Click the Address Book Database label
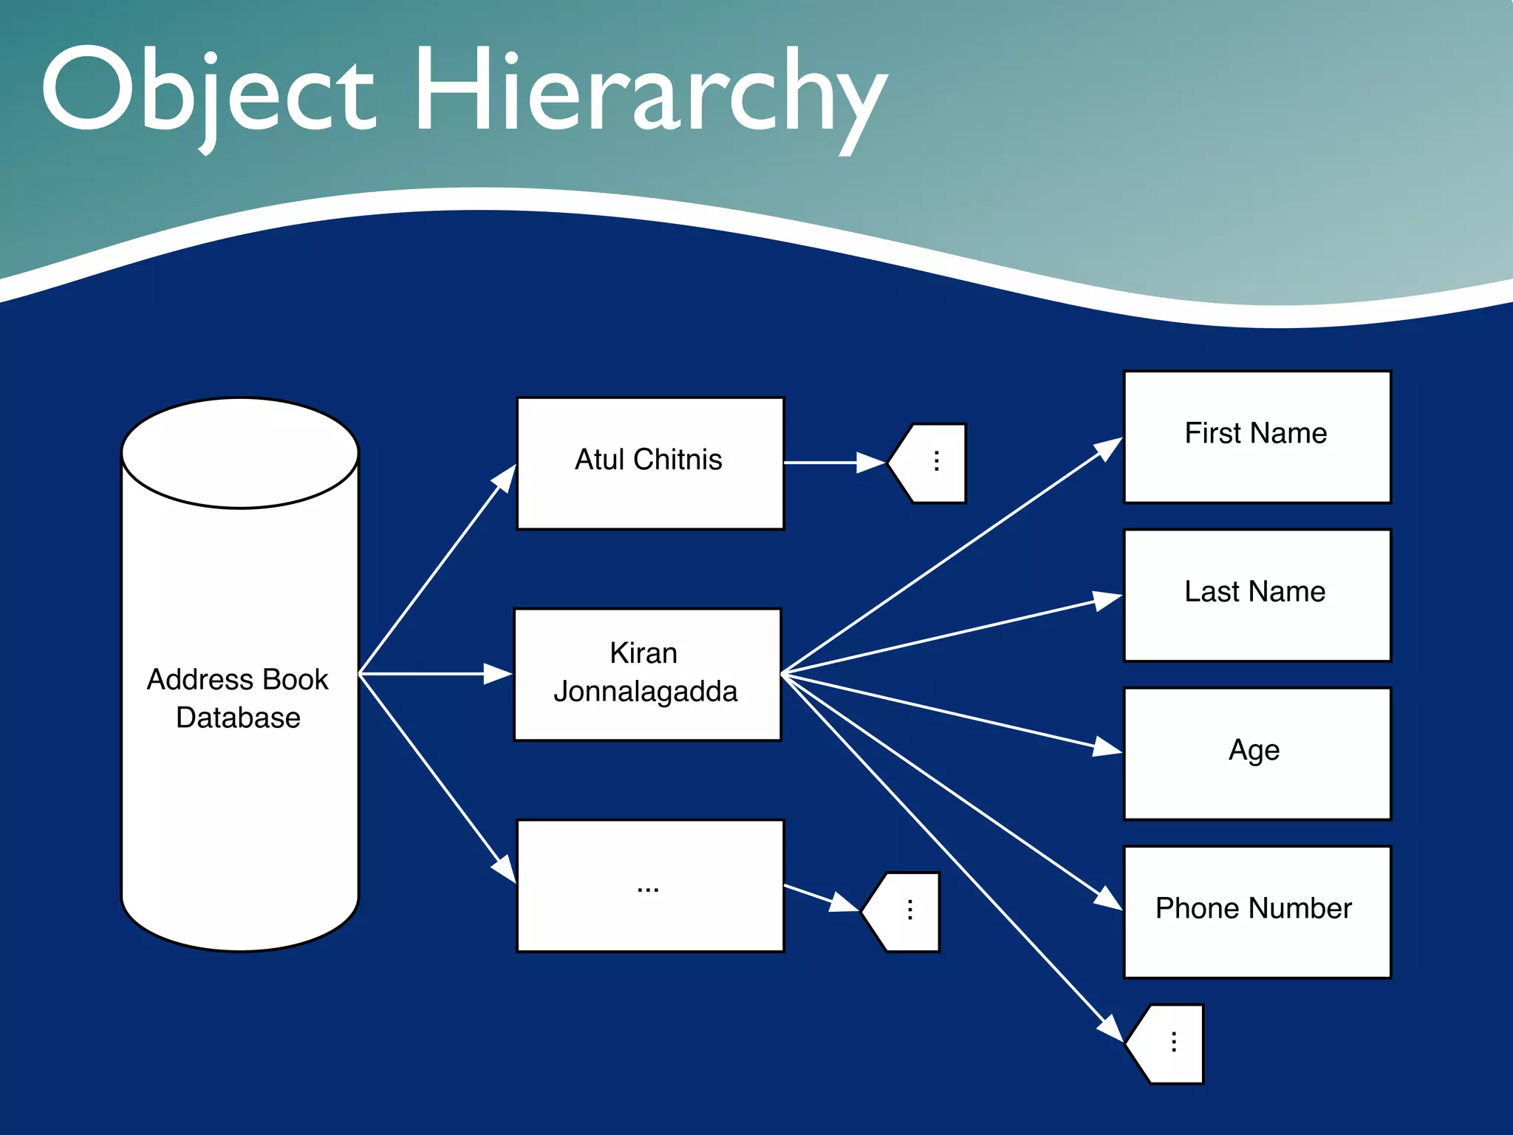238,698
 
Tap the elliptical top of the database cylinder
240,453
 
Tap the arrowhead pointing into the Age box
1108,748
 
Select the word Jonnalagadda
646,692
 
